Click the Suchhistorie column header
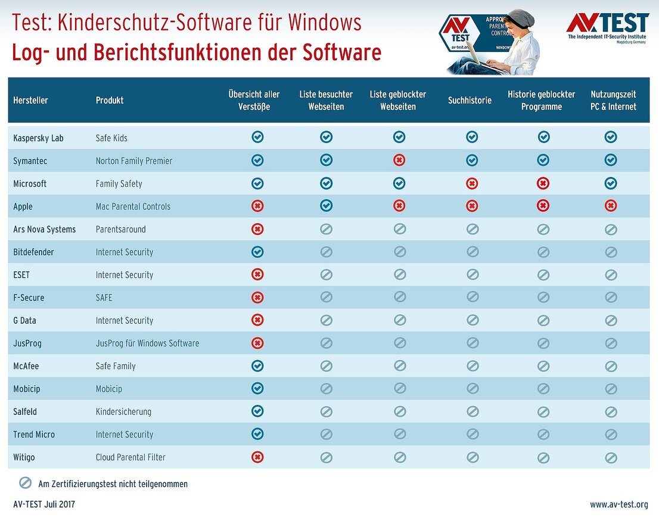(x=470, y=100)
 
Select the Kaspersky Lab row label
(x=38, y=138)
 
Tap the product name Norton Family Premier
(x=134, y=161)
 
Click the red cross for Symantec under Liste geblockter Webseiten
(x=399, y=160)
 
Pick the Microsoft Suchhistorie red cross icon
(x=472, y=184)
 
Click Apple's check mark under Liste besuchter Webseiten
(x=326, y=206)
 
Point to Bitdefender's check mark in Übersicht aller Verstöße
(x=257, y=252)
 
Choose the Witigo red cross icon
(x=257, y=457)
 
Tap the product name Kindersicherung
(x=123, y=412)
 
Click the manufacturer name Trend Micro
(x=34, y=435)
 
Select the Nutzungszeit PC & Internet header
(x=613, y=100)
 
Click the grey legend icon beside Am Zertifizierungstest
(x=25, y=483)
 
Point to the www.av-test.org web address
(x=619, y=504)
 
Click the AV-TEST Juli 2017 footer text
(x=44, y=504)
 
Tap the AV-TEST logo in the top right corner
(x=607, y=26)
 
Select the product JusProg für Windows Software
(x=147, y=343)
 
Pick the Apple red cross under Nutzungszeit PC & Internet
(x=611, y=206)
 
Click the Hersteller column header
(x=30, y=100)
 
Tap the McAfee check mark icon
(x=257, y=365)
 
